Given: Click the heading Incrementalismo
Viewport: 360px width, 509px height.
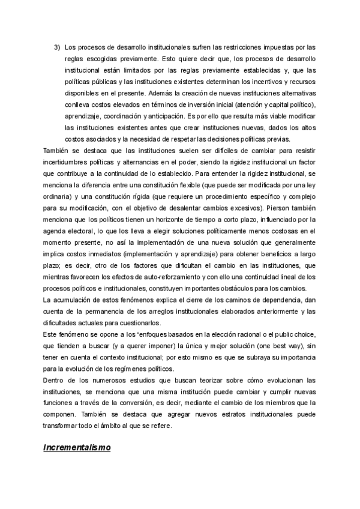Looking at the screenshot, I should (x=77, y=448).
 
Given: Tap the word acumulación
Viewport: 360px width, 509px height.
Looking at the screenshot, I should (x=74, y=300).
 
